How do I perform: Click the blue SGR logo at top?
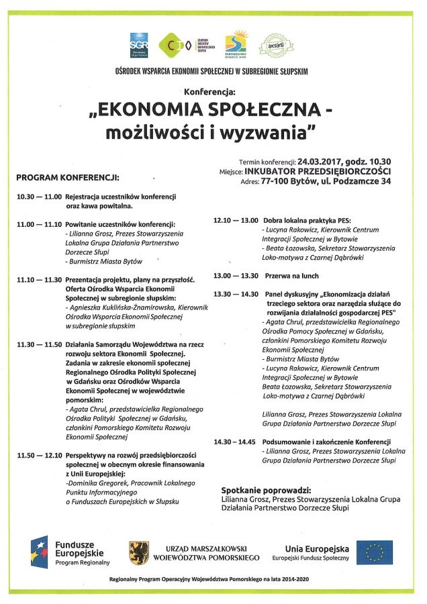pyautogui.click(x=139, y=45)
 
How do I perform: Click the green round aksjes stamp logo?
pyautogui.click(x=277, y=46)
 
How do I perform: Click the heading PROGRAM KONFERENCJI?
pyautogui.click(x=67, y=179)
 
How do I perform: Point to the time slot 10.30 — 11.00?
pyautogui.click(x=38, y=197)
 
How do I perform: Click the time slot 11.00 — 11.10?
pyautogui.click(x=38, y=223)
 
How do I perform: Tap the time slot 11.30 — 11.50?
pyautogui.click(x=38, y=344)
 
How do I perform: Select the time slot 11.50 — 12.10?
pyautogui.click(x=38, y=454)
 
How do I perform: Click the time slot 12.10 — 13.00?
pyautogui.click(x=235, y=219)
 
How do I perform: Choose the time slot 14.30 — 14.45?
pyautogui.click(x=235, y=442)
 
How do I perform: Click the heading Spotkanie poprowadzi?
pyautogui.click(x=266, y=490)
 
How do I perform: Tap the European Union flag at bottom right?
pyautogui.click(x=374, y=552)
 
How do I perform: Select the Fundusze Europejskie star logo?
pyautogui.click(x=39, y=552)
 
